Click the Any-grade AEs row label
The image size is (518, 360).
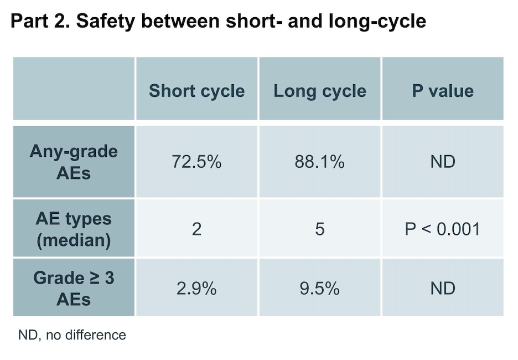click(74, 162)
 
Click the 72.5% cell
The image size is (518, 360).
click(196, 162)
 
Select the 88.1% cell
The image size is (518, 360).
click(319, 162)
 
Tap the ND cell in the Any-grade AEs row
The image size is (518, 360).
click(443, 162)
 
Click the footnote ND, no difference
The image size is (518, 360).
click(72, 335)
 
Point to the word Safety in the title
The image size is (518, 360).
click(106, 21)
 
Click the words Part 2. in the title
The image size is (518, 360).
click(40, 21)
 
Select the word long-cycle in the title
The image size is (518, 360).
click(377, 22)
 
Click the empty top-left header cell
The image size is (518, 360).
click(74, 88)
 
